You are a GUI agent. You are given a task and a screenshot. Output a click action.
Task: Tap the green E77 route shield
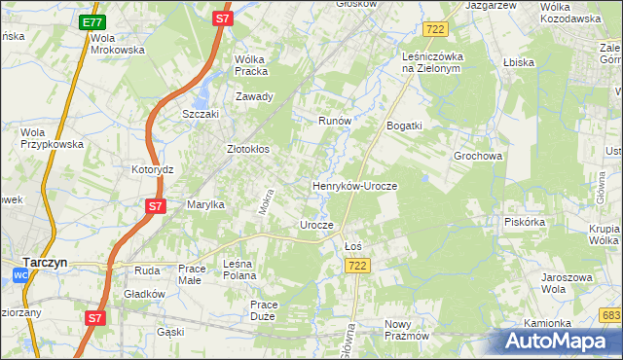(92, 21)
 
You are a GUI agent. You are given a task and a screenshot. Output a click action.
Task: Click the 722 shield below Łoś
(357, 267)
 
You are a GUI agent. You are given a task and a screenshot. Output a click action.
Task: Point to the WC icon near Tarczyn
(21, 276)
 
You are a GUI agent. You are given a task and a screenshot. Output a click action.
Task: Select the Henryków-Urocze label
(354, 185)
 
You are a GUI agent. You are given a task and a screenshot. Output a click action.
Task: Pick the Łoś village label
(353, 246)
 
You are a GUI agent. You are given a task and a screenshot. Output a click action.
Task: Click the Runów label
(334, 121)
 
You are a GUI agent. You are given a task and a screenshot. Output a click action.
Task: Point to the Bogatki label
(404, 126)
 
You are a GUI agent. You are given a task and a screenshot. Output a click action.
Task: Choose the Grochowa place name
(477, 156)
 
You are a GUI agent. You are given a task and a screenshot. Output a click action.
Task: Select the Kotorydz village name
(152, 168)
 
